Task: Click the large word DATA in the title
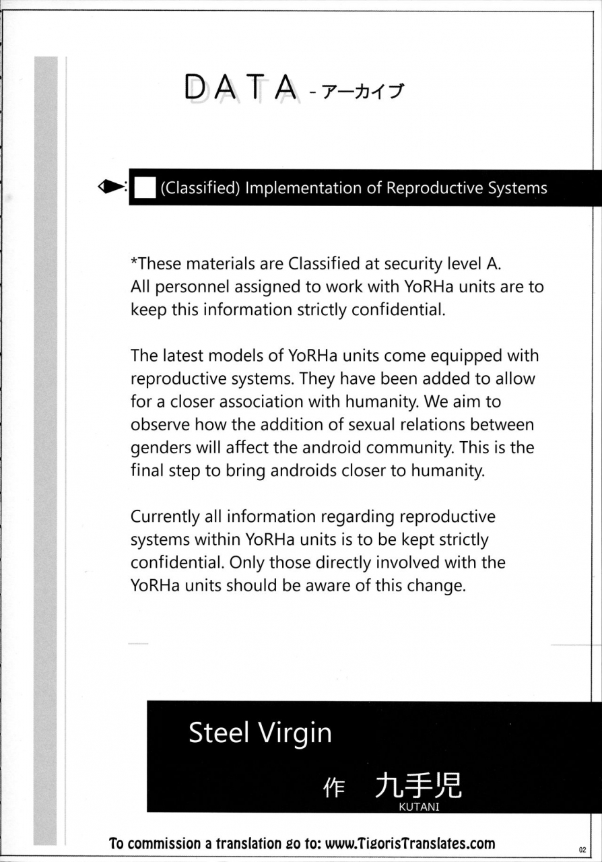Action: pyautogui.click(x=240, y=88)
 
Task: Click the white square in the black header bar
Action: pyautogui.click(x=145, y=188)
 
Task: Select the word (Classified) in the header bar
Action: pyautogui.click(x=200, y=188)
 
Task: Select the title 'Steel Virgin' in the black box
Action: pyautogui.click(x=260, y=733)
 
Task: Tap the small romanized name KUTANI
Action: pyautogui.click(x=419, y=807)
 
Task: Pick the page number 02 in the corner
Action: pyautogui.click(x=583, y=849)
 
